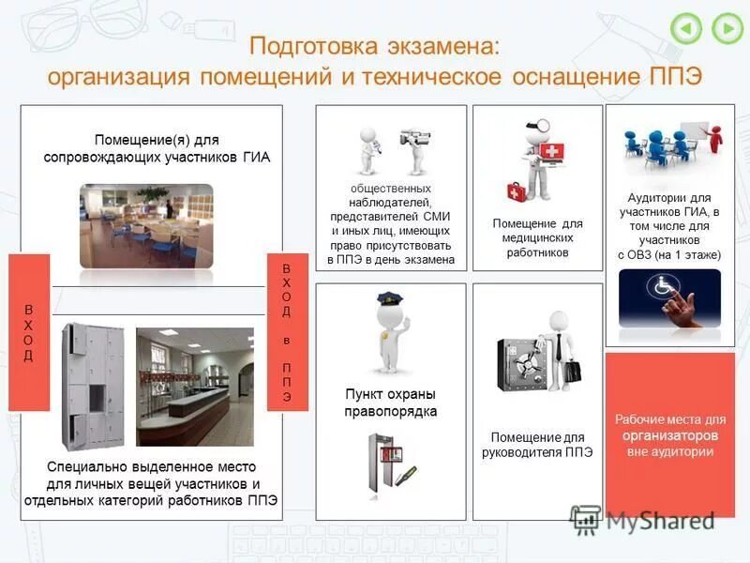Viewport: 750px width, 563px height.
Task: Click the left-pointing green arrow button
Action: [x=687, y=28]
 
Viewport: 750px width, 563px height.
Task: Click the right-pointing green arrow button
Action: [x=727, y=28]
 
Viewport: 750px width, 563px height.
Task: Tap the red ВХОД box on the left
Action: [x=29, y=332]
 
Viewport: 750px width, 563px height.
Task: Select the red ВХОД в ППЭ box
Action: [x=287, y=332]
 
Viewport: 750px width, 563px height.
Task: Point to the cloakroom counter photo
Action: [x=194, y=387]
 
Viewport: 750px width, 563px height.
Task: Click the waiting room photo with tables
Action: [x=146, y=225]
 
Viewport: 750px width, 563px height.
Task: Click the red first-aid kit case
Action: [x=518, y=191]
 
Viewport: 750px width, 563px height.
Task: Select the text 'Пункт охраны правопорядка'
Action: [x=391, y=403]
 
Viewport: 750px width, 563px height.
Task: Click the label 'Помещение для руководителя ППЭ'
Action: [x=537, y=444]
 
